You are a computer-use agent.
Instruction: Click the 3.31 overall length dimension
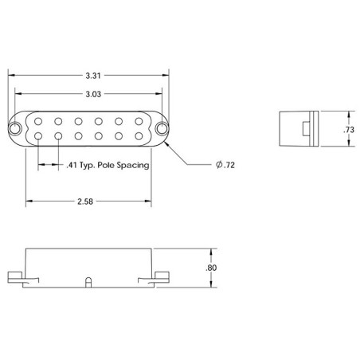(93, 76)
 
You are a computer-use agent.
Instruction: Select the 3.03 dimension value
(93, 94)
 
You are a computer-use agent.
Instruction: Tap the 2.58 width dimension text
(85, 202)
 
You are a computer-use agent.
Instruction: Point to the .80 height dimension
(211, 268)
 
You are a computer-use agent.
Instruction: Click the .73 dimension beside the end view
(349, 130)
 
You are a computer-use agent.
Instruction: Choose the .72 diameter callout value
(229, 165)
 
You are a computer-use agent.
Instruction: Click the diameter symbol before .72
(219, 165)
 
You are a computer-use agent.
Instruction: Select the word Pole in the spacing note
(106, 165)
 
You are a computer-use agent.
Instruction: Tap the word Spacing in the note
(133, 166)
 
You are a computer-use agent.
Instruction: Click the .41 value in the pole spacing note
(72, 165)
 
